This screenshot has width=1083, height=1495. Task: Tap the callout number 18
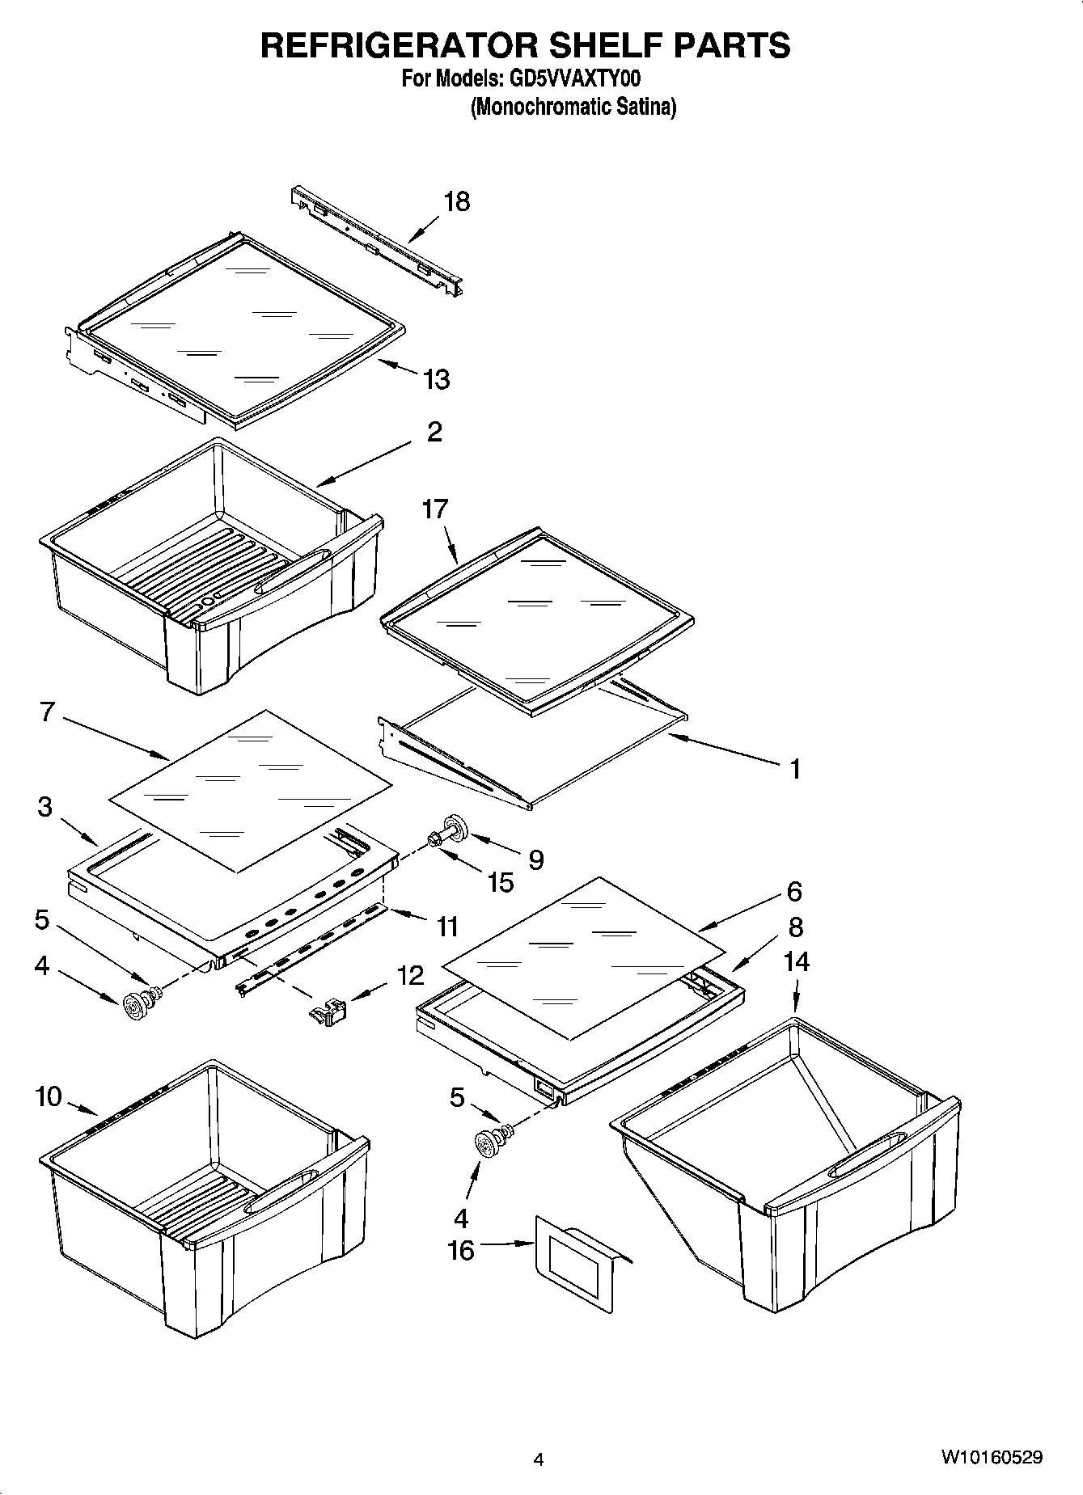tap(457, 201)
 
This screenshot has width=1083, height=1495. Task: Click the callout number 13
tap(437, 378)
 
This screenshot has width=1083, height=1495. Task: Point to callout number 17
tap(434, 509)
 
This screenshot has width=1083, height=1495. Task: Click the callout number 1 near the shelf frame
tap(795, 769)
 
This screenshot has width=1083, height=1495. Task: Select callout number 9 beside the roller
tap(535, 859)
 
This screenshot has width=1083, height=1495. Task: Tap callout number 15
tap(501, 882)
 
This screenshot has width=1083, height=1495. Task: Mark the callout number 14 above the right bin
tap(796, 961)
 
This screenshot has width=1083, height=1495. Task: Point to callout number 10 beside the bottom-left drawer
tap(49, 1097)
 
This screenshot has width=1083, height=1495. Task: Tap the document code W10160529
tap(991, 1457)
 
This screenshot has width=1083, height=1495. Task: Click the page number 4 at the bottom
tap(539, 1459)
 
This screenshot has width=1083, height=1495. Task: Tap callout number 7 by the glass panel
tap(47, 713)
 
